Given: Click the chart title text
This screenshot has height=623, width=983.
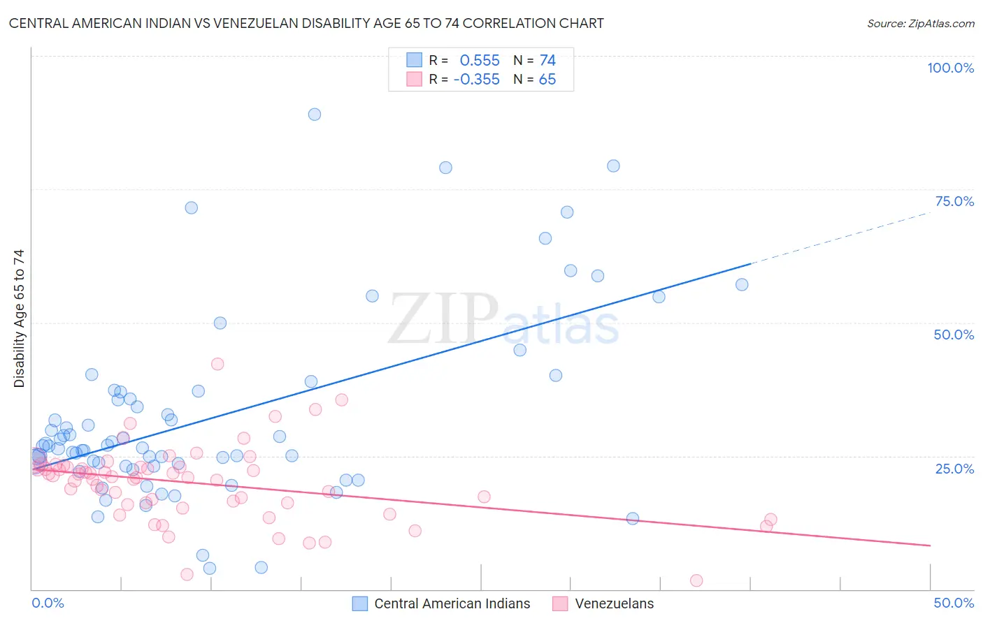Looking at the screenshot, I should click(306, 23).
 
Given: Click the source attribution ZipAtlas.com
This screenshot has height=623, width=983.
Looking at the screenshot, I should click(920, 23).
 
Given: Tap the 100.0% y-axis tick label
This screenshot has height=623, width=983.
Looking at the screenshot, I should click(950, 68).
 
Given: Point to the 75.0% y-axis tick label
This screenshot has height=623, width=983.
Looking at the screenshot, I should click(954, 201).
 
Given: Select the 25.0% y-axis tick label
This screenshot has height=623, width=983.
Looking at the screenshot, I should click(954, 469).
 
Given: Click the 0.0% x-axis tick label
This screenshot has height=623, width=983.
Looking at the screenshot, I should click(48, 603).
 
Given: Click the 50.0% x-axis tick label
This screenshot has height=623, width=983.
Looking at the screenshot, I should click(954, 603).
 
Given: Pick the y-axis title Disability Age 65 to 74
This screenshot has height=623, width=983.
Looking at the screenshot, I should click(19, 318).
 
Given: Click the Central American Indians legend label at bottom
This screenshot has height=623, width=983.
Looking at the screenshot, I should click(452, 603).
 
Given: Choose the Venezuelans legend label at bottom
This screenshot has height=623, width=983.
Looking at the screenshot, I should click(614, 603).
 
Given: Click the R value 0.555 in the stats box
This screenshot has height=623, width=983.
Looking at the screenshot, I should click(480, 61).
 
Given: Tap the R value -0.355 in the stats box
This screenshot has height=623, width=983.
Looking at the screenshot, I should click(477, 80).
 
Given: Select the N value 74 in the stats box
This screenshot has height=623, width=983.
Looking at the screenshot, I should click(547, 61).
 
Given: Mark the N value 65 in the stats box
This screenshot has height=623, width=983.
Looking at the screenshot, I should click(547, 80).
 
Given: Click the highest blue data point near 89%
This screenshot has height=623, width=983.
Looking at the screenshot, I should click(315, 115).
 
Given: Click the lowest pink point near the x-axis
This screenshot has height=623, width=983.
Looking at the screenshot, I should click(696, 580).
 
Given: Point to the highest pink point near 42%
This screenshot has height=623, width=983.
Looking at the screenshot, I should click(217, 364).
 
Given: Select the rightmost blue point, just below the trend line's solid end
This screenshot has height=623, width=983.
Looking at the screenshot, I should click(742, 284).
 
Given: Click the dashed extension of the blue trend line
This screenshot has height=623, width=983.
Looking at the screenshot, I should click(839, 237).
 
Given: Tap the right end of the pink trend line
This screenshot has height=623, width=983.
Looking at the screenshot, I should click(929, 545).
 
